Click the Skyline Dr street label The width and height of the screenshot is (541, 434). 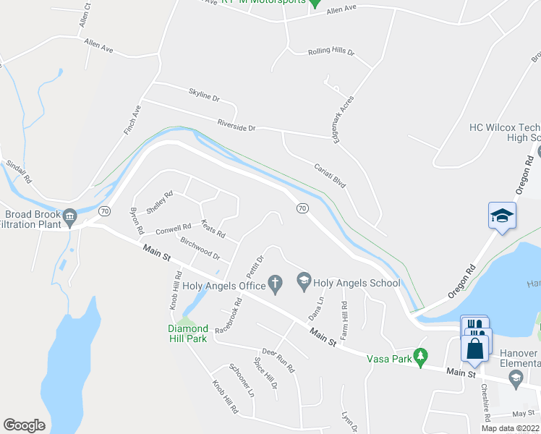coord(204,95)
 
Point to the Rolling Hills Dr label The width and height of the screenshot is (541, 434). coord(331,52)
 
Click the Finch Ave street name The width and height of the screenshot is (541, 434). coord(132,121)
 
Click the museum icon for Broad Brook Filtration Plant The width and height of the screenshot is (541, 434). coord(70,216)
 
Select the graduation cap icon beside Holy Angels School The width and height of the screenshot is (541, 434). coord(304,280)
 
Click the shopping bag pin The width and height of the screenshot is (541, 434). coord(475,349)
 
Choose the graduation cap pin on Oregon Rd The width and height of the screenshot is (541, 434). coord(502,215)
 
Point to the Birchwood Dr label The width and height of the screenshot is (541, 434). coord(200,250)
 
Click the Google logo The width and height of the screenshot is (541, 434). coord(25,425)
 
